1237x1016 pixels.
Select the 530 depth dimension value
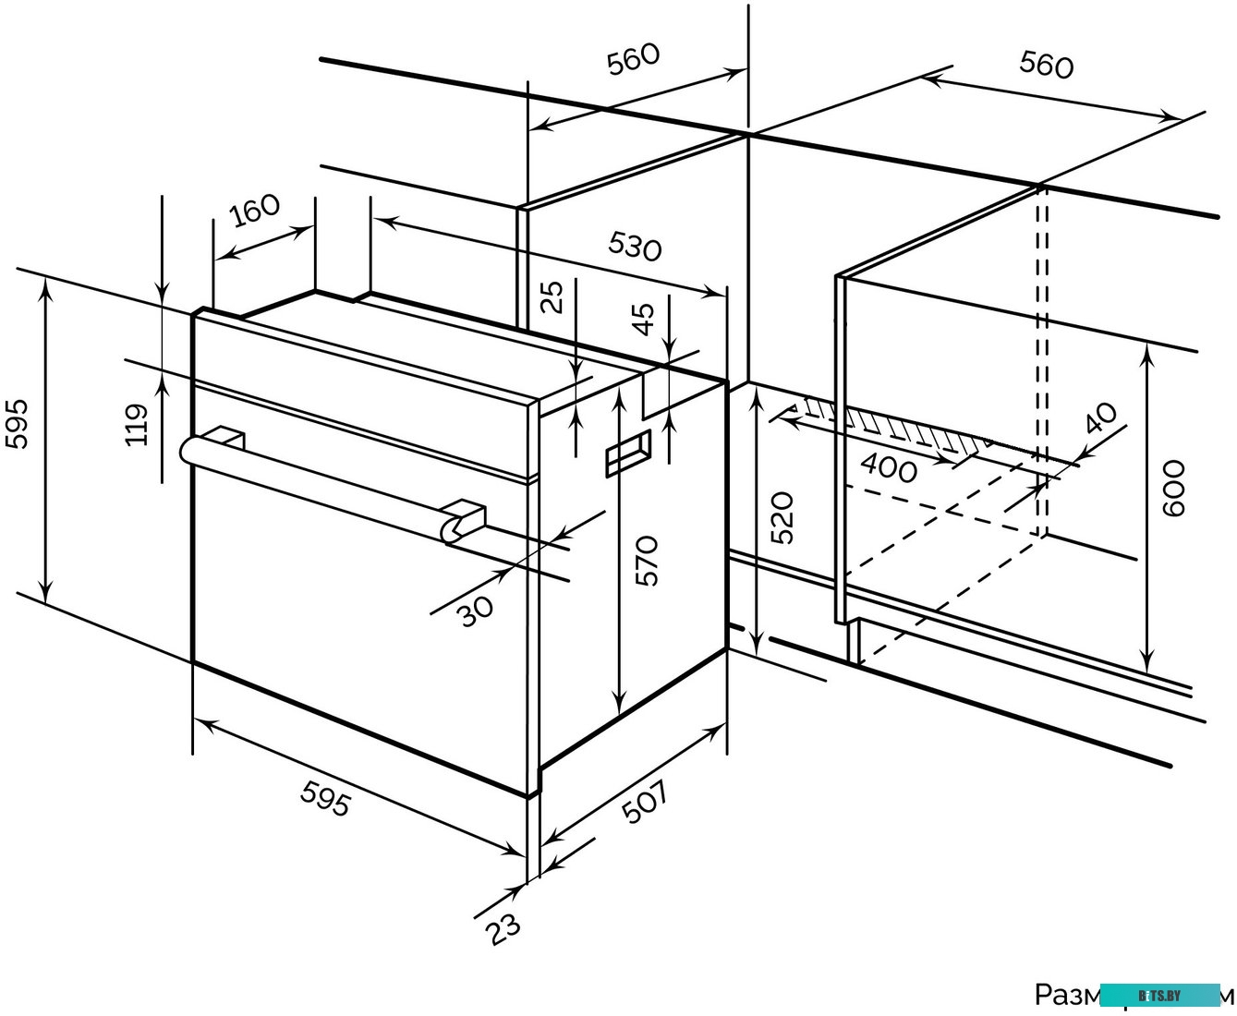pyautogui.click(x=635, y=245)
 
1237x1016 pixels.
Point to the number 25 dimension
pyautogui.click(x=552, y=296)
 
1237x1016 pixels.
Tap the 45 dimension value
pyautogui.click(x=644, y=318)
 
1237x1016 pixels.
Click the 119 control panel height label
pyautogui.click(x=138, y=424)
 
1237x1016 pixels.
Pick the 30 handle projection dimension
pyautogui.click(x=477, y=610)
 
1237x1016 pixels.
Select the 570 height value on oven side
pyautogui.click(x=646, y=559)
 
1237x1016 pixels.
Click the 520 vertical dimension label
pyautogui.click(x=782, y=518)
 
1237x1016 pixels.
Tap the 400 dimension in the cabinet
pyautogui.click(x=889, y=469)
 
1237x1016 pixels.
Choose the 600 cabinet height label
pyautogui.click(x=1172, y=488)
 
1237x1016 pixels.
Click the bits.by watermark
pyautogui.click(x=1160, y=995)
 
